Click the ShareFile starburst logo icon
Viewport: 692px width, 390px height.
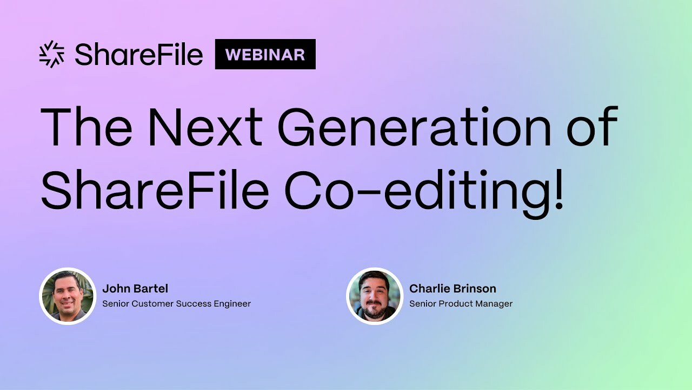click(x=52, y=54)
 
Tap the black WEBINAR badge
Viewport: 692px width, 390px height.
click(x=265, y=54)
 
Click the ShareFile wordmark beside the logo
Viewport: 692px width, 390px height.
click(x=138, y=54)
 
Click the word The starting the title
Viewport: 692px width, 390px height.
click(x=86, y=128)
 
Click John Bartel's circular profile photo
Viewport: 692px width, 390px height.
click(x=68, y=296)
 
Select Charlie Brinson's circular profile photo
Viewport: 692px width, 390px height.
click(x=375, y=296)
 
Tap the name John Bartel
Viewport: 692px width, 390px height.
click(x=135, y=289)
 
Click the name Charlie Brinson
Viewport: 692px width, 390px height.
click(x=453, y=289)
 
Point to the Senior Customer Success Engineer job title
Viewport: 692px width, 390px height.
click(x=176, y=304)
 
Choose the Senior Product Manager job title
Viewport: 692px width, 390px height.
click(x=461, y=304)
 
